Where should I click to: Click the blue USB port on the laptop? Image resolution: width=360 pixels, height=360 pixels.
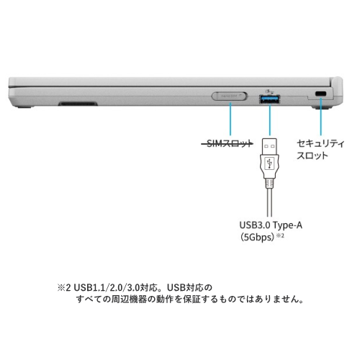point(269,99)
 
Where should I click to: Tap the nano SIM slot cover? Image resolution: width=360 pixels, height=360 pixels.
point(230,96)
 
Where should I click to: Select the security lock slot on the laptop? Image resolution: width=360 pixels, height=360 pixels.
point(320,94)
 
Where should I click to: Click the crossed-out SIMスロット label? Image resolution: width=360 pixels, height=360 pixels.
point(227,144)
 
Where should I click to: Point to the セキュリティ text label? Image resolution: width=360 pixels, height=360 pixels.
point(320,143)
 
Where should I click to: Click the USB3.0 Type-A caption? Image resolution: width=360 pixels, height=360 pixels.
point(271,225)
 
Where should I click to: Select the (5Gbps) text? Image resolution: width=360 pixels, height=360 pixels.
point(257,237)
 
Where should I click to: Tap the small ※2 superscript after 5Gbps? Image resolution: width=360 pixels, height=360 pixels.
point(280,235)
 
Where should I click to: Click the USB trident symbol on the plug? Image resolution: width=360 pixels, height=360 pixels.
point(269,163)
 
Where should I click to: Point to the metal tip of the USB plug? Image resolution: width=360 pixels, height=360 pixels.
point(269,146)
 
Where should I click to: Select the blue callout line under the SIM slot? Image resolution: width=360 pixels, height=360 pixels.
point(230,119)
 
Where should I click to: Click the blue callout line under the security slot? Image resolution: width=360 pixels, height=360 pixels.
point(320,117)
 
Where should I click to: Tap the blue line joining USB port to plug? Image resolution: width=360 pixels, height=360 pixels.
point(270,120)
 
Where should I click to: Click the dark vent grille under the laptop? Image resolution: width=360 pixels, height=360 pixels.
point(78,104)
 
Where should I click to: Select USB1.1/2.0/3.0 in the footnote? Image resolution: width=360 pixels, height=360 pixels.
point(107,287)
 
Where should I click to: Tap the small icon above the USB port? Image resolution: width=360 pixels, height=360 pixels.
point(269,91)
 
